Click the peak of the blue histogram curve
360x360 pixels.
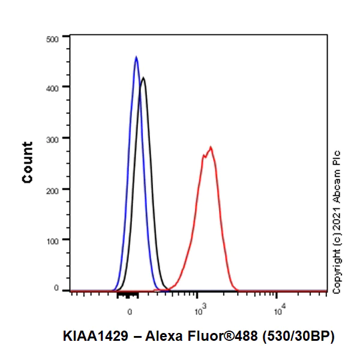point(136,58)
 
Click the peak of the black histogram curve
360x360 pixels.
point(143,77)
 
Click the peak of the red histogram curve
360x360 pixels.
point(211,147)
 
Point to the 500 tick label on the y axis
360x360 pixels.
point(53,38)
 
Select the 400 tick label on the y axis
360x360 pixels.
point(53,88)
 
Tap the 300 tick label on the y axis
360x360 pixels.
point(53,139)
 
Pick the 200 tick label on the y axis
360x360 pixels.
point(53,190)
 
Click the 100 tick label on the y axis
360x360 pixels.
point(53,240)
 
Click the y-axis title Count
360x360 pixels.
point(28,163)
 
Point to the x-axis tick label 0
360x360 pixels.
point(130,312)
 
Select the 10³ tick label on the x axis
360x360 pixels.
point(200,311)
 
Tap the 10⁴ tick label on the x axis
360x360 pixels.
point(278,311)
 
